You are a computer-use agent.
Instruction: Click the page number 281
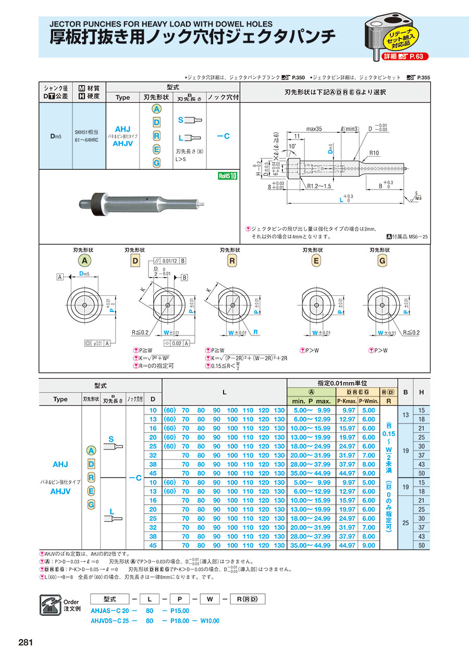coord(26,643)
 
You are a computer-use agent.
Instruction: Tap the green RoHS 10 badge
coord(227,176)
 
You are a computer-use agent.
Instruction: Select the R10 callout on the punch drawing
coord(374,153)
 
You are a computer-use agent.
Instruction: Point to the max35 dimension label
coord(314,129)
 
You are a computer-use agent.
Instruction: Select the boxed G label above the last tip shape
coord(379,260)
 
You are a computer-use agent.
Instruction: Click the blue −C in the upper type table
coord(223,136)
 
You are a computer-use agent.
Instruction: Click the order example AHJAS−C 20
coord(111,611)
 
